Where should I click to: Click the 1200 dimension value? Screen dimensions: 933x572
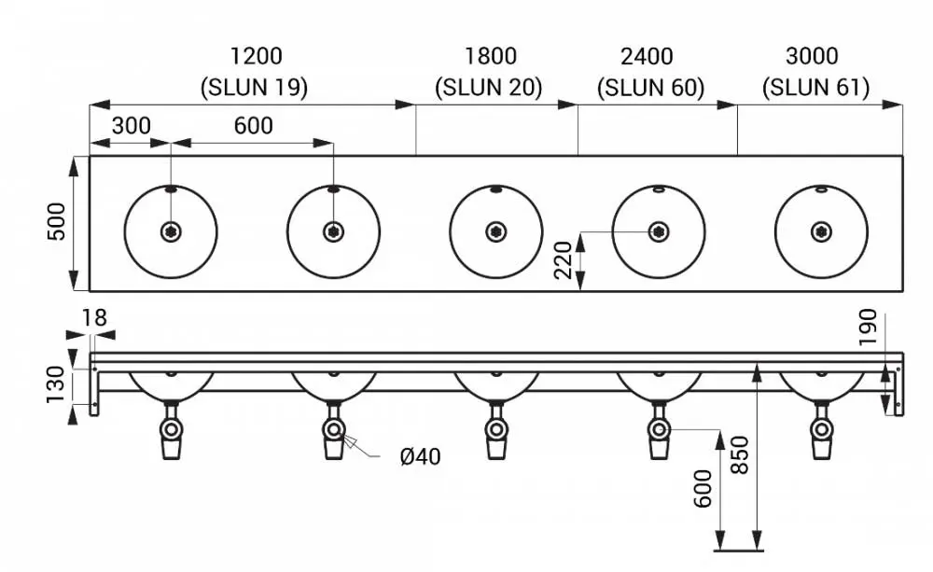256,56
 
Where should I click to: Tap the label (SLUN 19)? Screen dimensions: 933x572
254,88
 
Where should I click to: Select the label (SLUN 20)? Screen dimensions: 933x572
489,88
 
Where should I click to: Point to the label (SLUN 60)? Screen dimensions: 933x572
650,88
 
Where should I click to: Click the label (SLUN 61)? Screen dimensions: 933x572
815,88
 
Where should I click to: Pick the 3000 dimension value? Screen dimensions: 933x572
812,56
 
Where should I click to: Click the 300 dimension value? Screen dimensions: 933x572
131,126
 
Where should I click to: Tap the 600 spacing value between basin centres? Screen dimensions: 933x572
254,126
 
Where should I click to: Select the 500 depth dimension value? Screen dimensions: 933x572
57,221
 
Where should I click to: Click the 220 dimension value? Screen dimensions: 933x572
563,260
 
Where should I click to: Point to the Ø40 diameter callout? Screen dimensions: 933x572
420,456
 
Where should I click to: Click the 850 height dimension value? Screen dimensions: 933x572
739,454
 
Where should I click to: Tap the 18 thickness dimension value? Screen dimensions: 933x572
94,318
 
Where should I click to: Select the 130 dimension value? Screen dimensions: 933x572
56,384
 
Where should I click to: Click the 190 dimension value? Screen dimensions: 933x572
868,327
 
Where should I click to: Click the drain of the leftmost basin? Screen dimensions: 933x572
172,231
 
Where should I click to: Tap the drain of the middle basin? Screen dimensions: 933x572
496,231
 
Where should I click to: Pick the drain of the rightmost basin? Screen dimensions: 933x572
822,231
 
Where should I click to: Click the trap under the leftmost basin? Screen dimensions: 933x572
172,430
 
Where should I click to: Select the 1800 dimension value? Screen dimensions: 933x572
491,56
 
